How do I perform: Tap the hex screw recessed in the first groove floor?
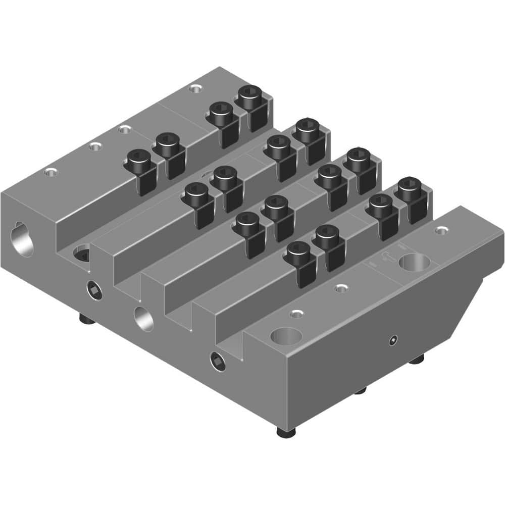(x=82, y=254)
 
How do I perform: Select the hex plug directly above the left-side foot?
(x=94, y=290)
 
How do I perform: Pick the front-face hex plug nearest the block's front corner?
(x=219, y=361)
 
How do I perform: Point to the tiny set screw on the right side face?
(x=393, y=341)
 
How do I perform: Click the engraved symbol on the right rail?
(x=387, y=257)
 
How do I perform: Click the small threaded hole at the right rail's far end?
(x=442, y=230)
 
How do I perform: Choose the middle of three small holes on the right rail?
(x=342, y=288)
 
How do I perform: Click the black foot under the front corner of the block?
(x=286, y=432)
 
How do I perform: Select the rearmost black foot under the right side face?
(x=416, y=359)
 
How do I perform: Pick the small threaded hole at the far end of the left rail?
(x=194, y=89)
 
